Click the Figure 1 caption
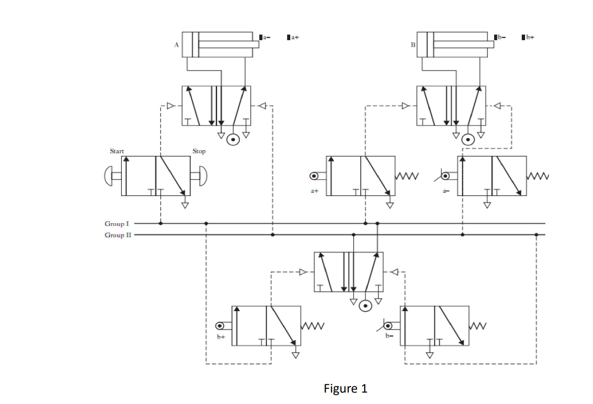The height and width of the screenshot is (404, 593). (345, 389)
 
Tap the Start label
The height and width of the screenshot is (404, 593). (117, 151)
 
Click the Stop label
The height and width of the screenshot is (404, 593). (199, 151)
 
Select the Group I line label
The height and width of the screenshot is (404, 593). (117, 223)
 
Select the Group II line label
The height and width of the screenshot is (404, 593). (117, 235)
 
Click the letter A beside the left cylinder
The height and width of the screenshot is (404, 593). (176, 46)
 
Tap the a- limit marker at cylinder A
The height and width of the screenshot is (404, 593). (264, 37)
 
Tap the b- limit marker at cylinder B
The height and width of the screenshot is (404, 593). (499, 37)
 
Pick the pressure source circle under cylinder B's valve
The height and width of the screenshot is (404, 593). (467, 140)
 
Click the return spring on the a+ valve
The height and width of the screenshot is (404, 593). (407, 175)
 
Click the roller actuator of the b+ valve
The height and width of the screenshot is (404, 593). (220, 326)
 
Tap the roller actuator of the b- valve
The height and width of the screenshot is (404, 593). (388, 326)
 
